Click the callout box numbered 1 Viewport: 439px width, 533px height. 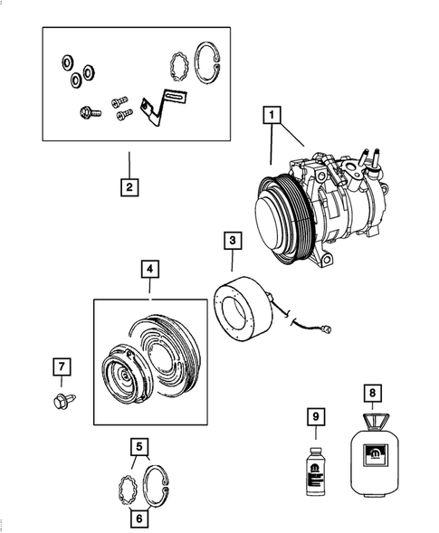270,116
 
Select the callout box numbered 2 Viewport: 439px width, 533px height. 129,188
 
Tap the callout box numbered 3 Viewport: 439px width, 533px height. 233,242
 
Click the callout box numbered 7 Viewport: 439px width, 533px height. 60,367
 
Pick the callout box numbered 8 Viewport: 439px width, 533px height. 371,394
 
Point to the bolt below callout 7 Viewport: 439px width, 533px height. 59,398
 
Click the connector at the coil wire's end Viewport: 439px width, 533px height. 335,329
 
